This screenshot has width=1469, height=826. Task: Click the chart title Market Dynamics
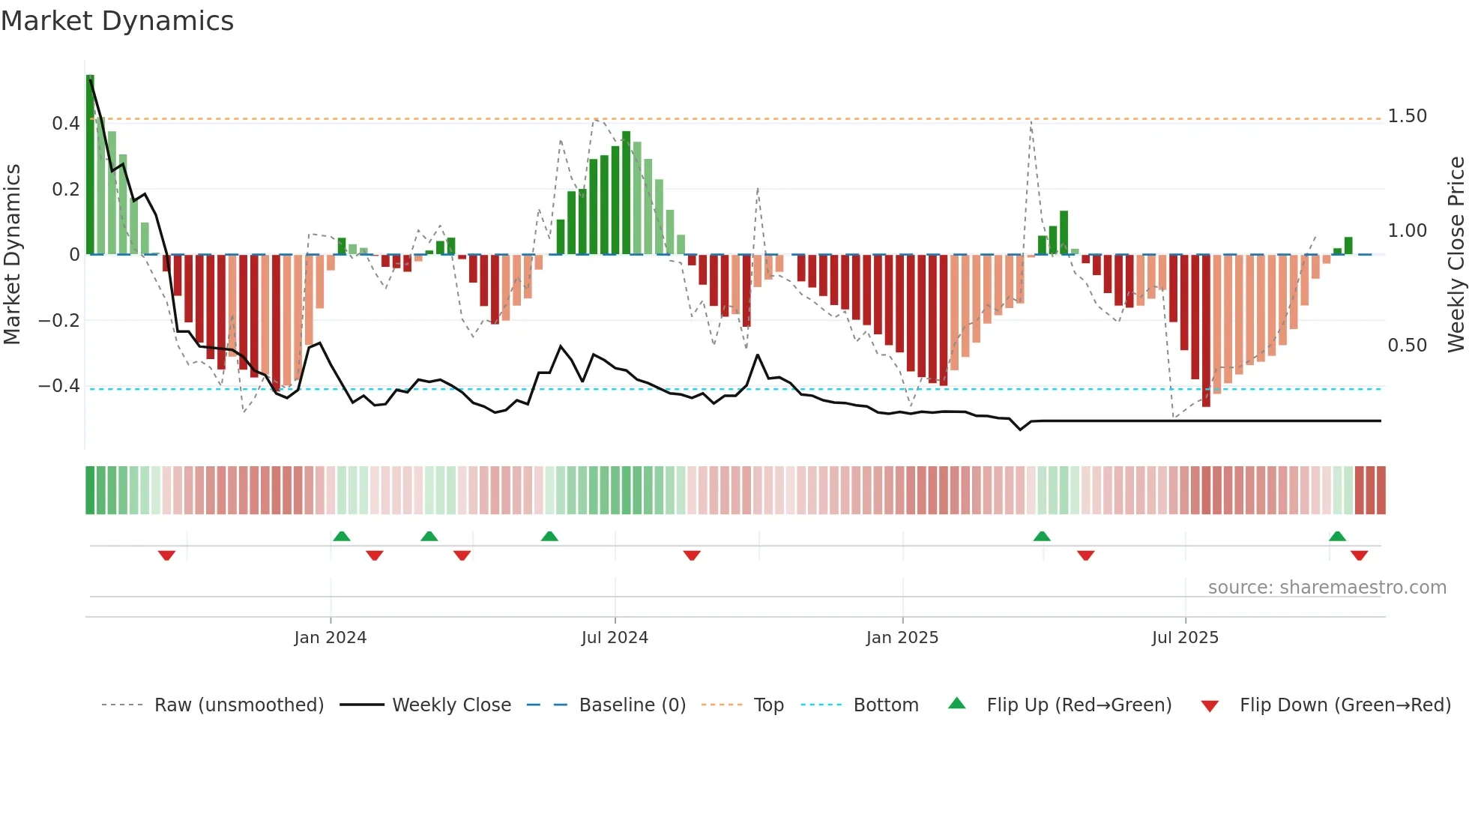[117, 21]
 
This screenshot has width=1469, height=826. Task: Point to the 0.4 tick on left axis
[66, 124]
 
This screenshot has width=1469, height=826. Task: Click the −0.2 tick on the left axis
[59, 321]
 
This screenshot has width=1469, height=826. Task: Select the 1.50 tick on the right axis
[1407, 116]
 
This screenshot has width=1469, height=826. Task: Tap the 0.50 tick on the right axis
[1407, 346]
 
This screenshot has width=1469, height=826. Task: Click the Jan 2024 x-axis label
[330, 638]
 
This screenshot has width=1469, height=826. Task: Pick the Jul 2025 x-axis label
[1185, 638]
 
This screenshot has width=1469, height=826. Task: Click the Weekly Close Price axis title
[1456, 255]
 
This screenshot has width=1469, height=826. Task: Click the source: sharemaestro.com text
[1327, 588]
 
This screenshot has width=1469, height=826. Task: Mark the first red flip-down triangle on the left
[166, 555]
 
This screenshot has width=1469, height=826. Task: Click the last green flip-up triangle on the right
[1337, 536]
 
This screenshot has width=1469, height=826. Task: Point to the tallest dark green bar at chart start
[90, 165]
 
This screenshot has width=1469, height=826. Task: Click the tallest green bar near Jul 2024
[626, 193]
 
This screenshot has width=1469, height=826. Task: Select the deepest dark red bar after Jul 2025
[1206, 331]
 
